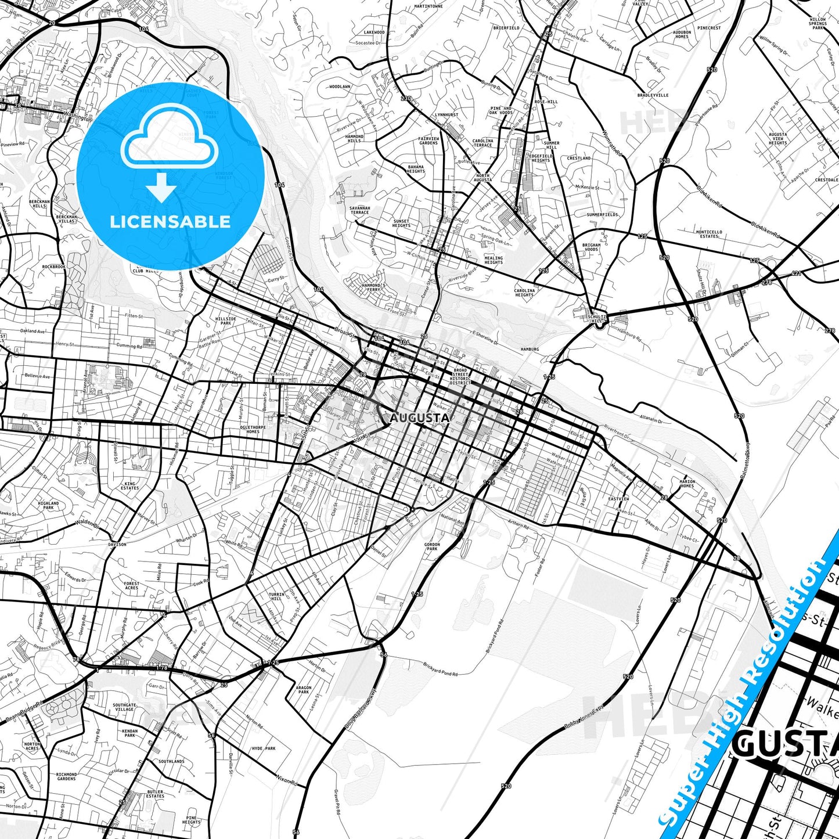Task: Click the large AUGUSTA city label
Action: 419,417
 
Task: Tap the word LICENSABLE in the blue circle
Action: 170,221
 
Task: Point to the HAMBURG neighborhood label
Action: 530,349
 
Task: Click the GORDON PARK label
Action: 432,546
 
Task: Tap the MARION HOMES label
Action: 687,483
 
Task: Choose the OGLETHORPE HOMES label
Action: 253,430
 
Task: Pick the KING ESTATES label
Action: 129,485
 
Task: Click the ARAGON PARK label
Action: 304,690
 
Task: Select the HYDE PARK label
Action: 264,748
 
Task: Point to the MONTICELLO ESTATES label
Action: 709,234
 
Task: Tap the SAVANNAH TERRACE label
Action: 360,210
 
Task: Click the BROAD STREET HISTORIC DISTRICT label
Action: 460,376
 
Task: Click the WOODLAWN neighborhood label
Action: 340,87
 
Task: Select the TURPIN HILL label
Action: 276,596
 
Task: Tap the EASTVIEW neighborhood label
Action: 618,499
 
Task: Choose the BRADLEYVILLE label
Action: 653,95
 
